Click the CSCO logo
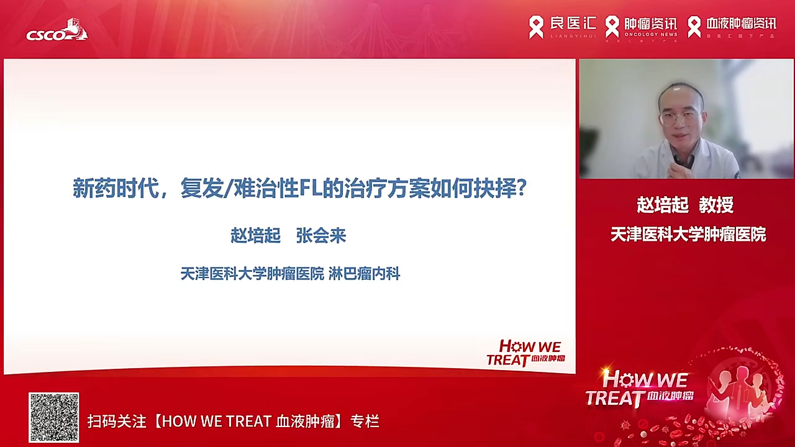point(57,31)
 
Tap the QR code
point(54,417)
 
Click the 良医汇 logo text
point(573,24)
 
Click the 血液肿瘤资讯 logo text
point(741,24)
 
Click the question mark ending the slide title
point(522,188)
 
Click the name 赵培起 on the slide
point(255,236)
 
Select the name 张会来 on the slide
point(321,236)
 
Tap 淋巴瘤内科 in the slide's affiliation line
point(364,274)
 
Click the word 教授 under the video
point(716,205)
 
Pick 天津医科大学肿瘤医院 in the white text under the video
point(688,235)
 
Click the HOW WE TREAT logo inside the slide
point(526,353)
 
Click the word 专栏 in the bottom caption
point(365,421)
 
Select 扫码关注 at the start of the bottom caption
point(117,421)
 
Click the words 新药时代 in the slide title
point(116,189)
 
